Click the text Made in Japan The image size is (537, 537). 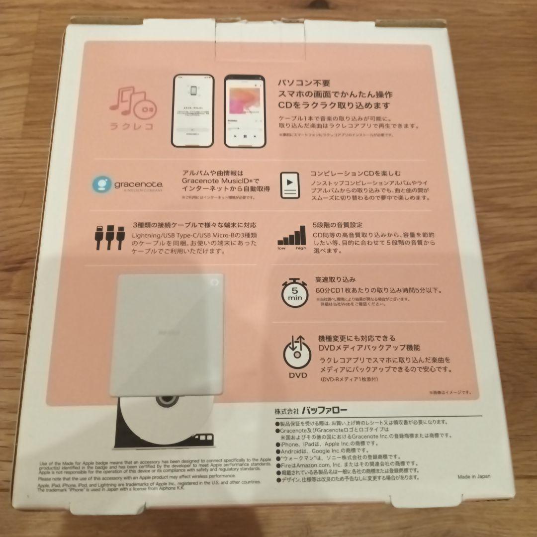click(474, 476)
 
